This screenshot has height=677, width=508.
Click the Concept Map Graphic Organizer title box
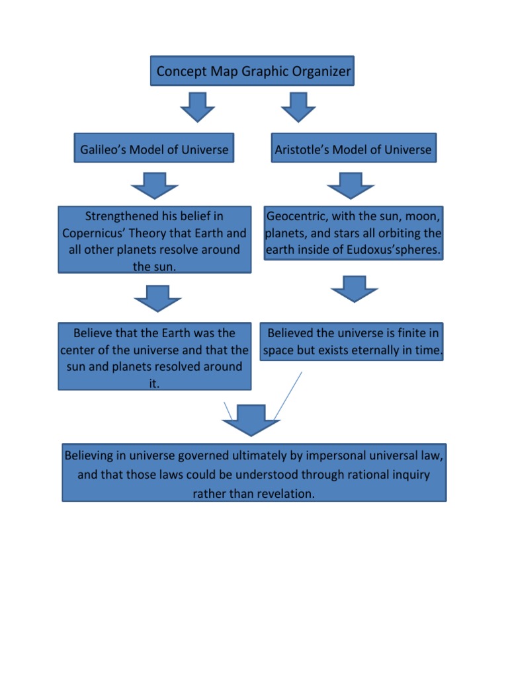[253, 71]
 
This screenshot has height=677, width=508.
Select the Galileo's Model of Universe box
[154, 149]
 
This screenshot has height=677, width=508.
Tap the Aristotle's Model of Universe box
[354, 149]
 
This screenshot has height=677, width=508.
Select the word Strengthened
[121, 216]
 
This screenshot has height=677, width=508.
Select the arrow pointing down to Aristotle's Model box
[298, 106]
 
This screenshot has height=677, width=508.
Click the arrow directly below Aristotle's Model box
[351, 186]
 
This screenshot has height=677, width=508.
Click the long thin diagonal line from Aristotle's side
[288, 395]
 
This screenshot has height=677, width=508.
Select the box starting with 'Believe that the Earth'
[154, 358]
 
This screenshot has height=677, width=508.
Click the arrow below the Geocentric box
[353, 290]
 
